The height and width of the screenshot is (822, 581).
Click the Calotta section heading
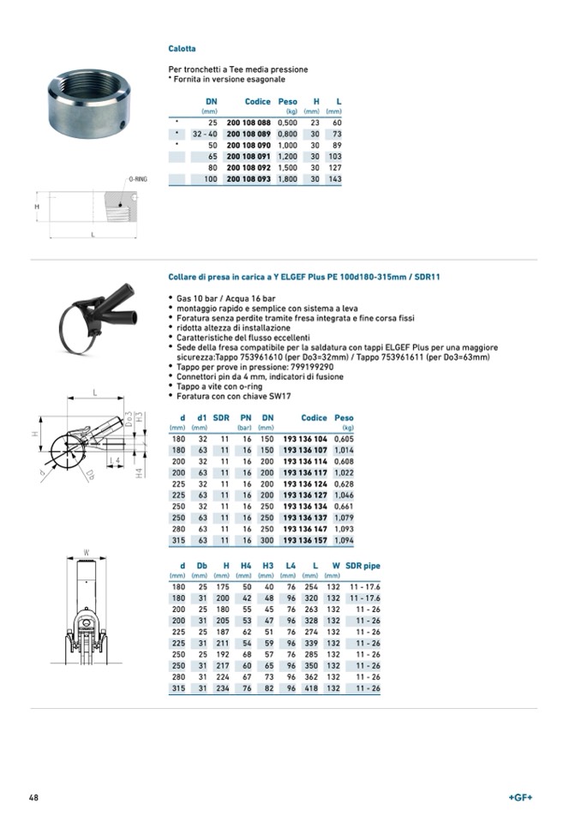coord(182,49)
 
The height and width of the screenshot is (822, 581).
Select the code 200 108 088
coord(249,123)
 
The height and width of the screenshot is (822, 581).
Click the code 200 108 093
coord(249,179)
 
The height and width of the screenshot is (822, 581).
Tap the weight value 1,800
coord(287,179)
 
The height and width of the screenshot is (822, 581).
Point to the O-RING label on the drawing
coord(138,179)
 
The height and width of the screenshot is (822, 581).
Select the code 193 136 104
coord(305,438)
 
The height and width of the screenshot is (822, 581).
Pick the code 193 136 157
coord(305,541)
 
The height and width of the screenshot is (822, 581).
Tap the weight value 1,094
coord(343,541)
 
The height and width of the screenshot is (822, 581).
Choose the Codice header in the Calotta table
coord(257,102)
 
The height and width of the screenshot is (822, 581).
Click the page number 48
coord(33,797)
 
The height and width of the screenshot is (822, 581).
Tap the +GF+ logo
coord(520,797)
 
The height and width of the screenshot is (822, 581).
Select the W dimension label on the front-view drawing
coord(87,551)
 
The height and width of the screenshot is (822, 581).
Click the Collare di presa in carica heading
coord(304,277)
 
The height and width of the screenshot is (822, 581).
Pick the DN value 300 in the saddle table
coord(267,541)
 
